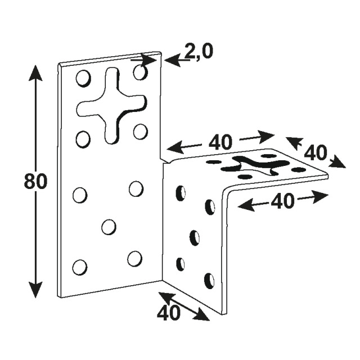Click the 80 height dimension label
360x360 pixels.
[x=35, y=181]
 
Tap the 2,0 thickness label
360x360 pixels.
[x=199, y=51]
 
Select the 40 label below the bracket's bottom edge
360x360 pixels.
[x=169, y=313]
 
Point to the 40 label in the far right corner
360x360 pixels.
[x=315, y=152]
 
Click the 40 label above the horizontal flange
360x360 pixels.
[x=220, y=142]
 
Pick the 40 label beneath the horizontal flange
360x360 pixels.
[x=282, y=201]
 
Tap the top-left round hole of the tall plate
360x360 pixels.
[x=83, y=78]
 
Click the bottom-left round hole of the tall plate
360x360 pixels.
[x=80, y=268]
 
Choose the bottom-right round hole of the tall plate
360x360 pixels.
[x=135, y=259]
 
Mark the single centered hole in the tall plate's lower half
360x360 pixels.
[x=109, y=227]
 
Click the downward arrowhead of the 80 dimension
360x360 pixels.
[x=35, y=290]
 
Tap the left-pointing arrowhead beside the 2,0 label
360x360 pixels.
[x=172, y=60]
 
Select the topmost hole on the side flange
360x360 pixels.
[x=181, y=193]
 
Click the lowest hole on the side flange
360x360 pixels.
[x=210, y=281]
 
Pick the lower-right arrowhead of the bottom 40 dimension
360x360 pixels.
[x=201, y=315]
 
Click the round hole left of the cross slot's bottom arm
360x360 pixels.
[x=83, y=139]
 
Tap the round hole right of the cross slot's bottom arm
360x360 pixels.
[x=140, y=131]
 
